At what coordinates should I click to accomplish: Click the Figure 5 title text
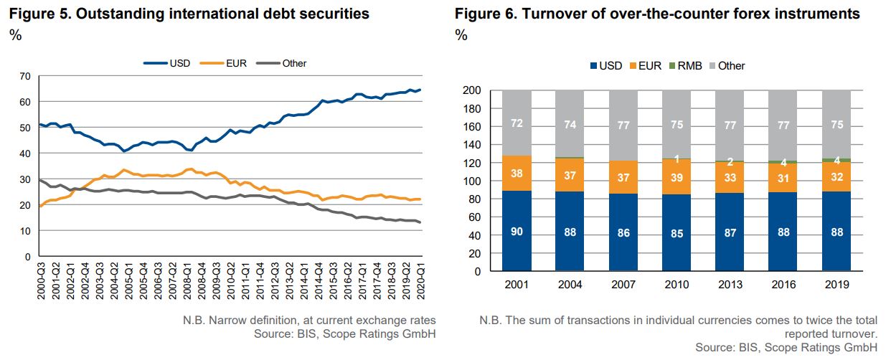point(189,14)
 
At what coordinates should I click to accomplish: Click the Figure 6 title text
point(657,14)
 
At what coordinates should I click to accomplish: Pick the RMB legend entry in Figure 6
point(687,66)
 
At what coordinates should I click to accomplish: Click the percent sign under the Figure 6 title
point(461,36)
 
